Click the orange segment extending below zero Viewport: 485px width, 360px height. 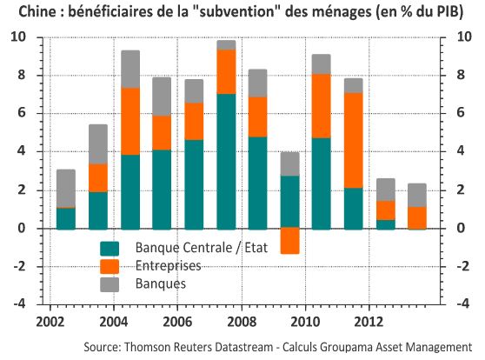pyautogui.click(x=289, y=241)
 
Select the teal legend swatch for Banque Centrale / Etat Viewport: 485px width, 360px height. pyautogui.click(x=110, y=249)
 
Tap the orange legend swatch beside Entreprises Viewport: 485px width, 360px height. pyautogui.click(x=110, y=266)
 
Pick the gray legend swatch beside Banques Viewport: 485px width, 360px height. pyautogui.click(x=110, y=284)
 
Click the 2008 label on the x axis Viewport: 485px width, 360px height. pyautogui.click(x=242, y=322)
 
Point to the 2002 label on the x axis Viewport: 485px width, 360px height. pyautogui.click(x=50, y=322)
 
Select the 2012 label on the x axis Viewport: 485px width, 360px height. pyautogui.click(x=369, y=322)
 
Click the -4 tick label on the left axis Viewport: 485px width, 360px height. pyautogui.click(x=20, y=303)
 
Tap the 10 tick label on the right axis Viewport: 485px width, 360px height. pyautogui.click(x=464, y=37)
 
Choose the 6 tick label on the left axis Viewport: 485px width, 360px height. pyautogui.click(x=22, y=113)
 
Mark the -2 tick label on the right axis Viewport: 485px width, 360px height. pyautogui.click(x=463, y=266)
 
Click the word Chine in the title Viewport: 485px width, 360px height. pyautogui.click(x=37, y=12)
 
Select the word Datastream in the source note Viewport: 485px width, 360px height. pyautogui.click(x=243, y=346)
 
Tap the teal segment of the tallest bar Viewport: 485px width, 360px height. pyautogui.click(x=226, y=161)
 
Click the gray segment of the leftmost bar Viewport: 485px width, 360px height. pyautogui.click(x=66, y=188)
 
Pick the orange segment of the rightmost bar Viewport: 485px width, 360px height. pyautogui.click(x=417, y=217)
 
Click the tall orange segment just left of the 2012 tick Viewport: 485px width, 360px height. pyautogui.click(x=353, y=140)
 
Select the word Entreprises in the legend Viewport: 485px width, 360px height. pyautogui.click(x=169, y=266)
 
